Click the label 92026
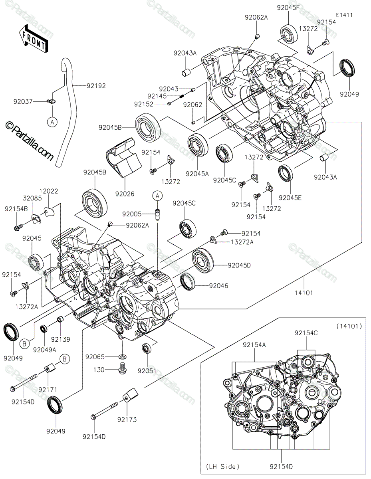coord(125,194)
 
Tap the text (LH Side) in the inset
coord(223,466)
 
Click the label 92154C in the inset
coord(306,333)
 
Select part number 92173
coord(127,420)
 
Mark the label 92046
coord(217,285)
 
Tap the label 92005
coord(132,214)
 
